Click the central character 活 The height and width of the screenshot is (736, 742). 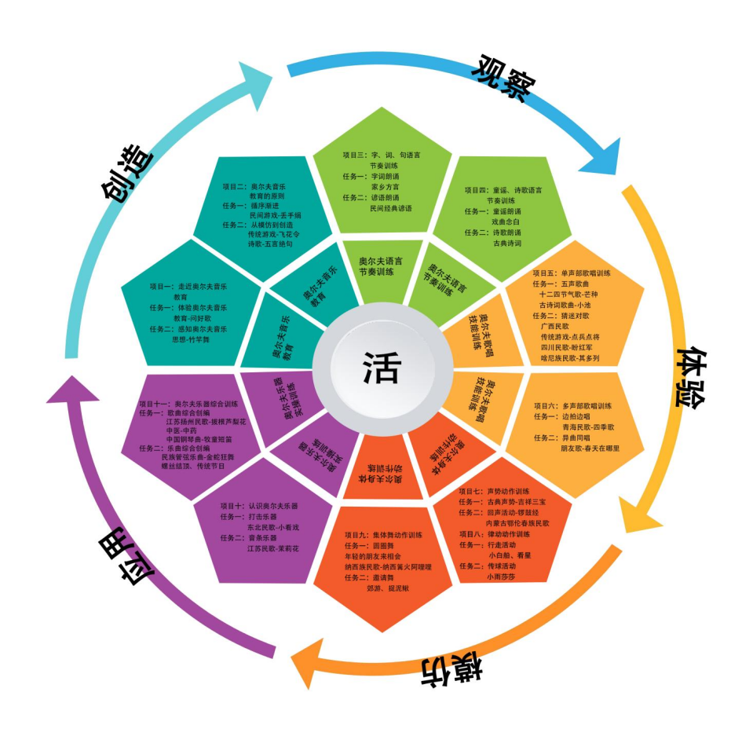pos(382,367)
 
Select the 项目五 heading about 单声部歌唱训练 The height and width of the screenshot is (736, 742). pos(571,273)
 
